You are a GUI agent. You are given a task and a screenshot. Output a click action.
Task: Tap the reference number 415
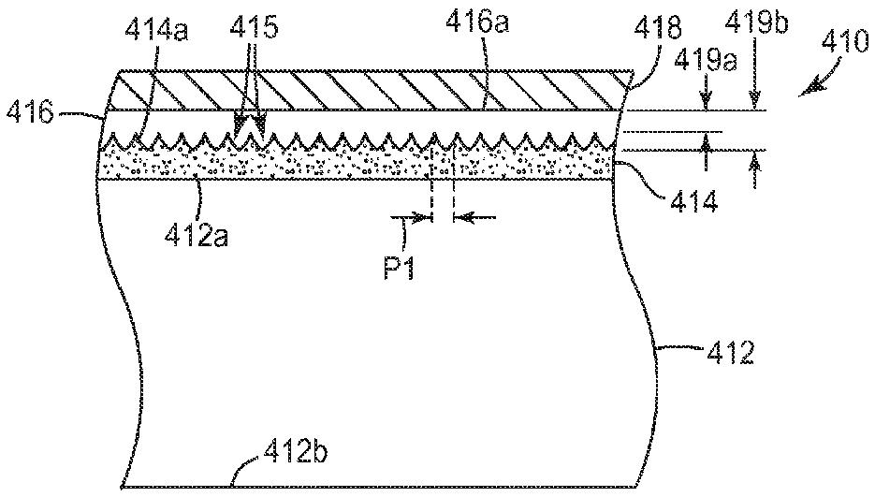coord(257,28)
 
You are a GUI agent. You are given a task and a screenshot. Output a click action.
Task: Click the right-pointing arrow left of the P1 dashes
coord(416,218)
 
